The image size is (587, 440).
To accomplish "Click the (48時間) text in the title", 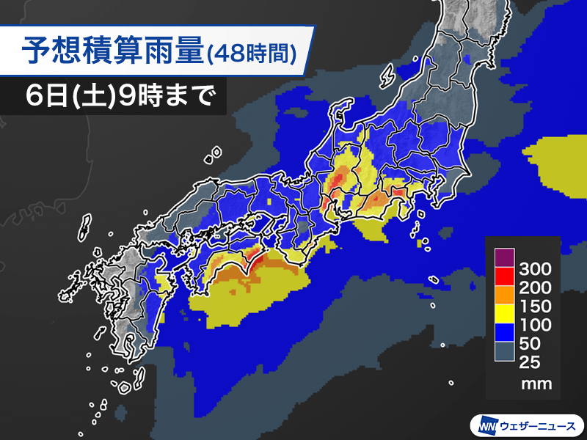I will (x=252, y=53).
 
